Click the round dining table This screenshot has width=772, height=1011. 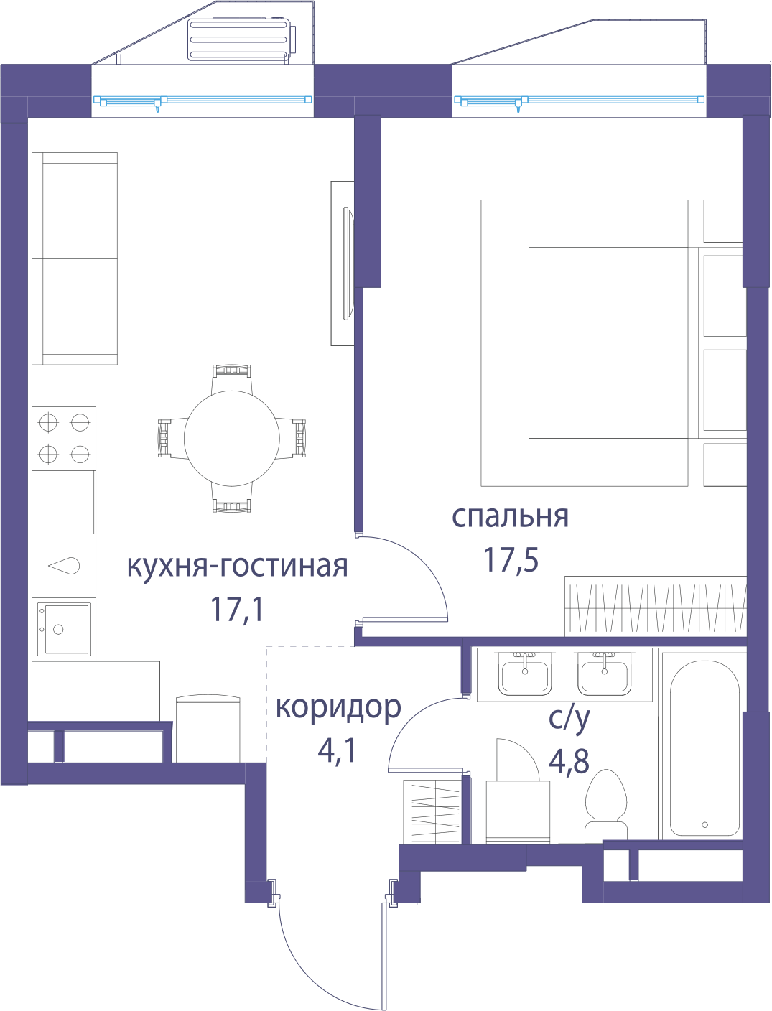point(232,439)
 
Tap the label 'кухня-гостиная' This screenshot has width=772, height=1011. point(237,566)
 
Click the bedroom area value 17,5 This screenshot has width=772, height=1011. point(511,560)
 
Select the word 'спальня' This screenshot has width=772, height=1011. point(511,518)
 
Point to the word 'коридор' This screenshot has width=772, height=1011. point(338,709)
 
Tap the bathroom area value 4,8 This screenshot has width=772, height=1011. point(569,761)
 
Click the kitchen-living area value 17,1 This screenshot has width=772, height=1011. point(237,609)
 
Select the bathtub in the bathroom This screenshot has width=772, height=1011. point(704,748)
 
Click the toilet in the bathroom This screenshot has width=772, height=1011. point(605,806)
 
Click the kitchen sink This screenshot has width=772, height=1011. point(64,629)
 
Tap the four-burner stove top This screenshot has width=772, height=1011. point(64,438)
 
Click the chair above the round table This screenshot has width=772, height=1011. point(232,378)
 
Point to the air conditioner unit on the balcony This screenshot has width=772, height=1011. point(241,40)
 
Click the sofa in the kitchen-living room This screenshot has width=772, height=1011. point(75,258)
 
